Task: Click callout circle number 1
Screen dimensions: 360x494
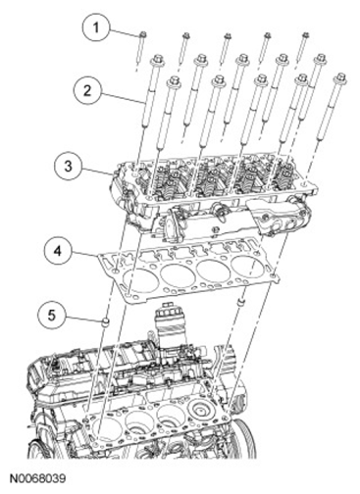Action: [95, 27]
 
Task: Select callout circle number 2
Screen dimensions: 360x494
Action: [87, 90]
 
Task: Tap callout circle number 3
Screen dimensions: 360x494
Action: [68, 166]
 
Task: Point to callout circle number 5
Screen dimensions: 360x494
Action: [52, 316]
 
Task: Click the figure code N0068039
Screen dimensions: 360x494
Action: [36, 478]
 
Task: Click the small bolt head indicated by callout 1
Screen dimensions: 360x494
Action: [143, 34]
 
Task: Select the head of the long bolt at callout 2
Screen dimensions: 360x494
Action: [157, 60]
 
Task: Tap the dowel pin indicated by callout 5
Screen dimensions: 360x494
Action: [105, 322]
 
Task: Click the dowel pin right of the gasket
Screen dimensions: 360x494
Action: [241, 301]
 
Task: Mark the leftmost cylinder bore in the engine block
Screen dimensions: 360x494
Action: [106, 430]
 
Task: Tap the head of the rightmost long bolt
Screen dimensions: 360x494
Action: [340, 78]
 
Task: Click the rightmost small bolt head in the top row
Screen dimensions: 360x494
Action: [305, 34]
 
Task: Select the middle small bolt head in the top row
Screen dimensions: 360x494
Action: [226, 35]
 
